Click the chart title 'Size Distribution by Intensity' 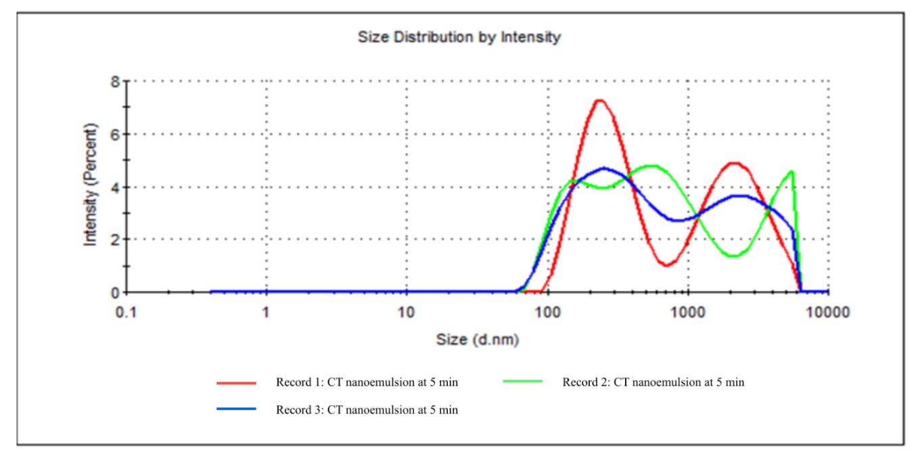(459, 38)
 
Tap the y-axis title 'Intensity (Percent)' (90, 185)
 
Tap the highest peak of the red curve (599, 100)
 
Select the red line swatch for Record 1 (236, 382)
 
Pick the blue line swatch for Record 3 (236, 409)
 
